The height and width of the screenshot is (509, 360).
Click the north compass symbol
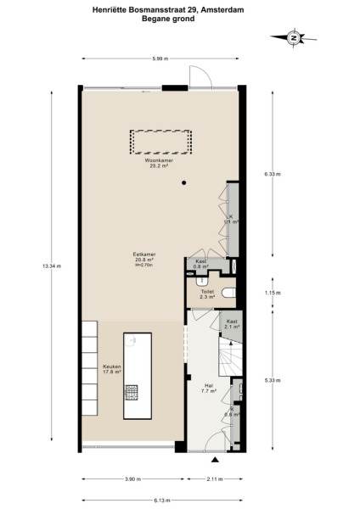292,37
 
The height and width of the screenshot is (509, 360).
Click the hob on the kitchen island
132,393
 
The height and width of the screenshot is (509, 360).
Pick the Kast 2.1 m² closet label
230,323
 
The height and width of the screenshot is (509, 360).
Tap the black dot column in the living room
183,184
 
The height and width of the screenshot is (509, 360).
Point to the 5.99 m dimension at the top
160,58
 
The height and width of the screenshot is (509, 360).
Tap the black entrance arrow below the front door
216,459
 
